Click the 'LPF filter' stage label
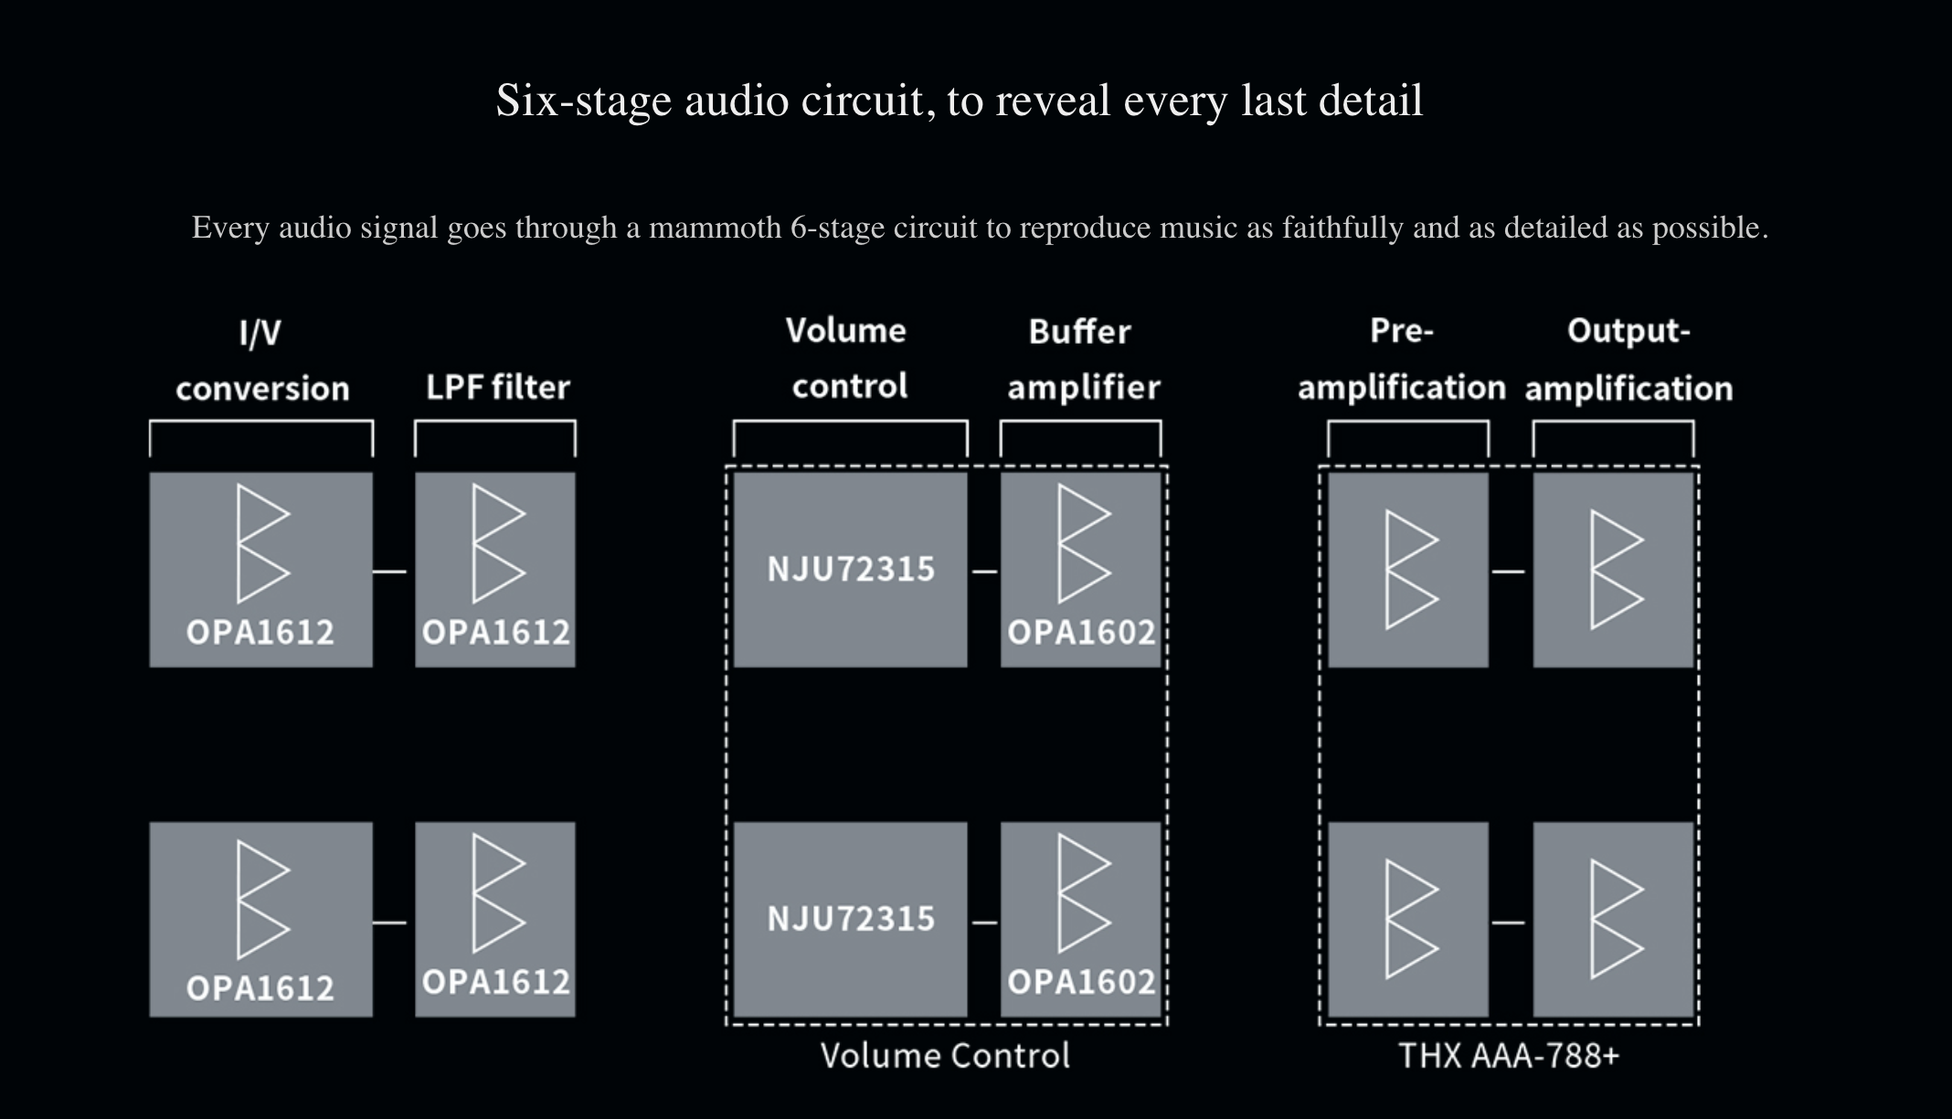click(498, 388)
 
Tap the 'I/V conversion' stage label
click(262, 361)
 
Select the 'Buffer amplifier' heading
click(1083, 360)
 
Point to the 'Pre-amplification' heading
click(1401, 360)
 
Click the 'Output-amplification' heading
click(1628, 360)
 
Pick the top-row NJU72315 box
click(850, 570)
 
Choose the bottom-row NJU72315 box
click(850, 919)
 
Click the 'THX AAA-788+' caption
click(1509, 1056)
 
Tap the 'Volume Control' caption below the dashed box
click(945, 1056)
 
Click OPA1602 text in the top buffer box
click(1081, 633)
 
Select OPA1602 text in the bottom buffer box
click(1081, 982)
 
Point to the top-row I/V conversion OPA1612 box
click(261, 570)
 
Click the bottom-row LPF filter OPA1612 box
click(495, 919)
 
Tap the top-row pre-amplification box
click(1408, 570)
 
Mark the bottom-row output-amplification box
click(1613, 919)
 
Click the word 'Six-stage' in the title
click(584, 101)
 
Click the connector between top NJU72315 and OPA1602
click(984, 572)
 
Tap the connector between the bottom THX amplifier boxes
click(1509, 922)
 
